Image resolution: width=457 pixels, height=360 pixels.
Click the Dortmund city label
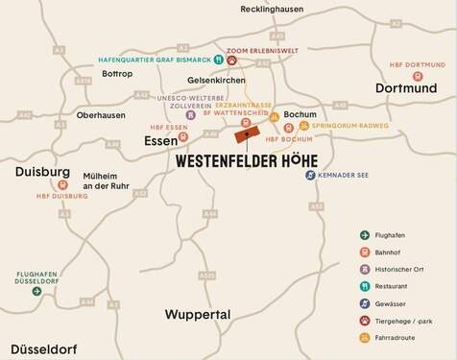coord(405,87)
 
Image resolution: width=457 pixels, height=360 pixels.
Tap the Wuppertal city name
coord(198,314)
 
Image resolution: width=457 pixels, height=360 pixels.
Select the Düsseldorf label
coord(44,348)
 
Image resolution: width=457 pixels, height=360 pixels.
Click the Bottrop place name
coord(117,73)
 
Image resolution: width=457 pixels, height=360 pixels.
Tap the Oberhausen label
coord(100,115)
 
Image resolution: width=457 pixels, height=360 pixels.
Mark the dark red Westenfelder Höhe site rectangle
coord(248,137)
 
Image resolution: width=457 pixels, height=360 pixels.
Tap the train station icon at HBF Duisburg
coord(63,184)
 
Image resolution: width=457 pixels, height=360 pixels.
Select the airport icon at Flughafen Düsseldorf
coord(36,290)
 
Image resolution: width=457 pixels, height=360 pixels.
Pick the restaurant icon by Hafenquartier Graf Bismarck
coord(218,60)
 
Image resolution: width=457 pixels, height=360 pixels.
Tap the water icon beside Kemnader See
coord(310,175)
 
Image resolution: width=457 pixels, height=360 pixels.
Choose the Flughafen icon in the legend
coord(365,235)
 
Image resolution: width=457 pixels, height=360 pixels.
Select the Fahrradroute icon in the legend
coord(365,337)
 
